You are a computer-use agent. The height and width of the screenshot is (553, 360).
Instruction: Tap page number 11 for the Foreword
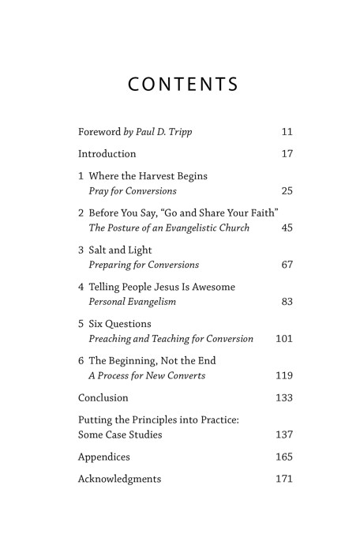coord(287,131)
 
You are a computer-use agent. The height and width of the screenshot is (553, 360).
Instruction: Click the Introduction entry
coord(107,153)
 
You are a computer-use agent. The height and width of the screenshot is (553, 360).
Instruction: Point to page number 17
coord(287,153)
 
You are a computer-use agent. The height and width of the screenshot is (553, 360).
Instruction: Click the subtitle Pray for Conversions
coord(132,191)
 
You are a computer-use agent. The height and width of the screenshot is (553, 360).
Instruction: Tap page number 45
coord(287,228)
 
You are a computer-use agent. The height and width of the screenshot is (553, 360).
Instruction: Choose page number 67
coord(287,265)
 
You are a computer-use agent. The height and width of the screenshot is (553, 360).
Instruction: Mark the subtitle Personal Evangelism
coord(133,302)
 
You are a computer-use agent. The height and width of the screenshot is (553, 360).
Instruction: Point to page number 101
coord(284,339)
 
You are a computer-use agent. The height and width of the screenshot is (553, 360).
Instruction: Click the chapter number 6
coord(81,361)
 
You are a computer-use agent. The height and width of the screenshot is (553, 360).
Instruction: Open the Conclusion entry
coord(103,398)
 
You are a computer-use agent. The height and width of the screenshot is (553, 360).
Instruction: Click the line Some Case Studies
coord(120,434)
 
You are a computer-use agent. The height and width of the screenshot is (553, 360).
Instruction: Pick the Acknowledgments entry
coord(119,479)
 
